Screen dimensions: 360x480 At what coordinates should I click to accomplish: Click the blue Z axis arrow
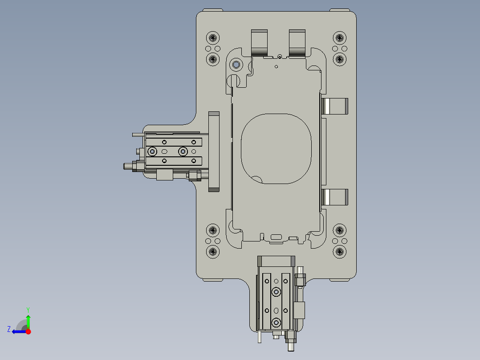click(x=17, y=331)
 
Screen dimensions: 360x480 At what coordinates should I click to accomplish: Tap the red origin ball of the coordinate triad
click(x=28, y=331)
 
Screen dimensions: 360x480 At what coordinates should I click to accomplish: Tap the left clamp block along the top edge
click(x=260, y=42)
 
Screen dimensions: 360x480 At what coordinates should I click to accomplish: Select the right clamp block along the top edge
click(x=297, y=42)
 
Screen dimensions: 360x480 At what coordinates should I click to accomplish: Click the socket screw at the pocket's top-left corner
click(x=236, y=65)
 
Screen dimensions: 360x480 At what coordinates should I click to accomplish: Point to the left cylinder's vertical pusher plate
click(x=214, y=151)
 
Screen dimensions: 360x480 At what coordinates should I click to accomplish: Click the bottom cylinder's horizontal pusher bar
click(x=276, y=260)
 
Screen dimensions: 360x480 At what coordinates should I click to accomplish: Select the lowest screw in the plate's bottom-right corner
click(x=340, y=252)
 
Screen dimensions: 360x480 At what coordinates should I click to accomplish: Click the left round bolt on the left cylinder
click(x=153, y=152)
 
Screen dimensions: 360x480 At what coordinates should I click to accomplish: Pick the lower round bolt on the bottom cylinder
click(x=277, y=322)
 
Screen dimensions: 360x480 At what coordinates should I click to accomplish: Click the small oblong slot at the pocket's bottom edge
click(x=276, y=237)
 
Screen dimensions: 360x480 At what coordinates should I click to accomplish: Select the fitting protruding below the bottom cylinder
click(x=291, y=345)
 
